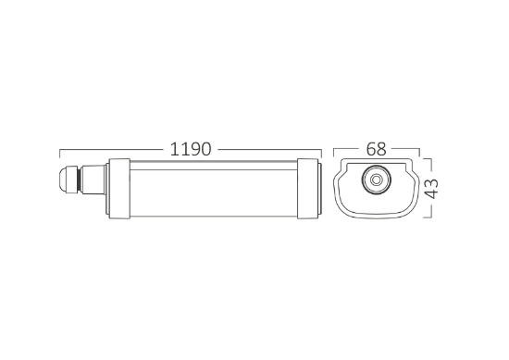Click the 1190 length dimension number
pyautogui.click(x=191, y=149)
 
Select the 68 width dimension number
pyautogui.click(x=377, y=149)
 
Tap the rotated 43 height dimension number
pyautogui.click(x=432, y=189)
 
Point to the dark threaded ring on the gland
pyautogui.click(x=79, y=180)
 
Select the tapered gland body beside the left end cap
pyautogui.click(x=93, y=180)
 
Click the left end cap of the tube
pyautogui.click(x=119, y=189)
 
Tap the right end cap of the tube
pyautogui.click(x=308, y=189)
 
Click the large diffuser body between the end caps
pyautogui.click(x=214, y=192)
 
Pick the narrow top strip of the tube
pyautogui.click(x=214, y=166)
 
